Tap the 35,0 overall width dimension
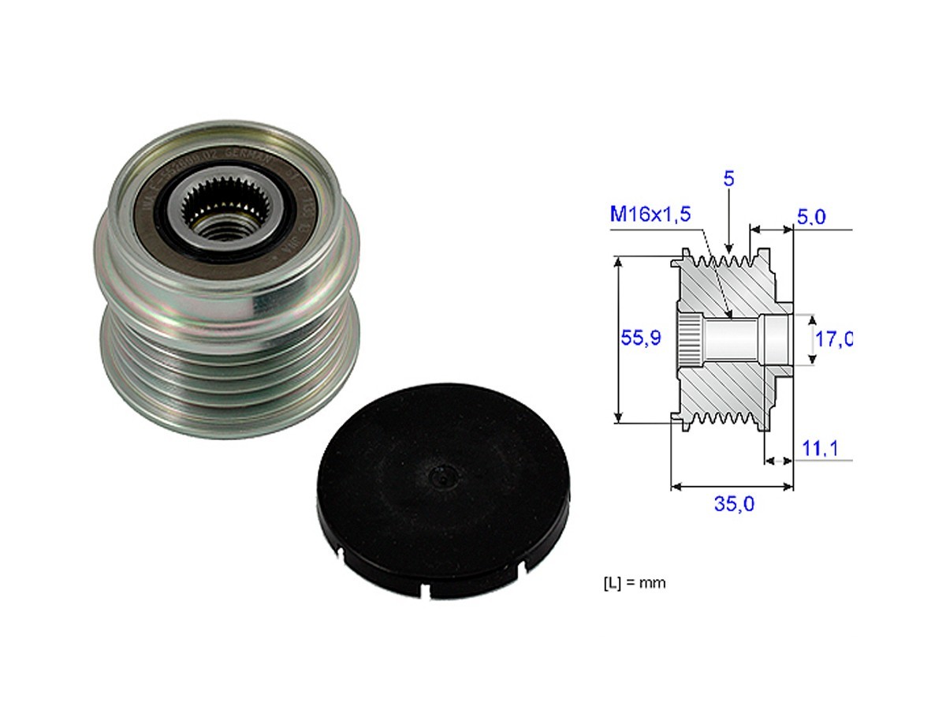734,504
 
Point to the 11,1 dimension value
819,449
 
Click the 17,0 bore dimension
832,339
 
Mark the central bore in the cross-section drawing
733,339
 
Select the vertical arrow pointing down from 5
728,221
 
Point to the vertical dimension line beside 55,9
619,339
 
